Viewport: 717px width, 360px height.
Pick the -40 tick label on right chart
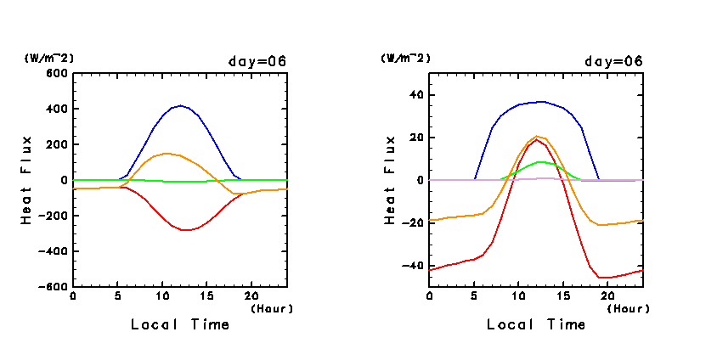pyautogui.click(x=414, y=266)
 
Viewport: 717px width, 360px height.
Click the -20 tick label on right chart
pyautogui.click(x=414, y=223)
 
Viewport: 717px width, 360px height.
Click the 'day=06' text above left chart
pyautogui.click(x=257, y=61)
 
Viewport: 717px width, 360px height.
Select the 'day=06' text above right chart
pyautogui.click(x=613, y=61)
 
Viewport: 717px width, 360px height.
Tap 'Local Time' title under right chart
pyautogui.click(x=536, y=324)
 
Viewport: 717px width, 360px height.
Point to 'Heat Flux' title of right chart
pyautogui.click(x=392, y=180)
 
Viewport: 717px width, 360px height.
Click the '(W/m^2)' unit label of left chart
pyautogui.click(x=49, y=58)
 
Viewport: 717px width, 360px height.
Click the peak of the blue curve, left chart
pyautogui.click(x=179, y=106)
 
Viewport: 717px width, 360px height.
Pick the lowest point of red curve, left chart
pyautogui.click(x=185, y=230)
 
